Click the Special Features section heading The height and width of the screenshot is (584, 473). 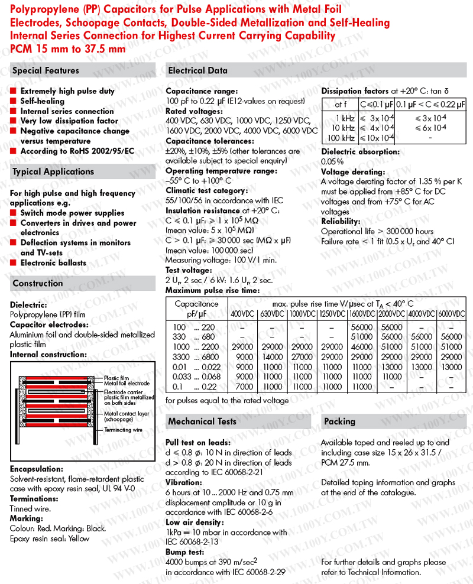coord(46,71)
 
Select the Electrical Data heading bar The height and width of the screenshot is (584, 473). coord(198,71)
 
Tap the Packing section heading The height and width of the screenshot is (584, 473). coord(340,421)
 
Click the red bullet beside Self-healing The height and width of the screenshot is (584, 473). coord(14,101)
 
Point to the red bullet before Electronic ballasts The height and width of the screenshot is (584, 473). coord(14,262)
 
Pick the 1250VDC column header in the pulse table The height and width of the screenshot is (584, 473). coord(332,313)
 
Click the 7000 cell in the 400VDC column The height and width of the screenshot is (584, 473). coord(244,387)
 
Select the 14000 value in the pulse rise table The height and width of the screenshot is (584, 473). coord(272,357)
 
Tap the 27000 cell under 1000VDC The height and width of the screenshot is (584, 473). coord(302,357)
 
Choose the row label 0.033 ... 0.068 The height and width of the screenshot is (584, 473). coord(196,377)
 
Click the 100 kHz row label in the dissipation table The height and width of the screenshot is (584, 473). coord(341,138)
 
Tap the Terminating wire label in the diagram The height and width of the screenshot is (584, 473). coord(124,430)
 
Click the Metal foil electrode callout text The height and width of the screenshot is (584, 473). coord(127,384)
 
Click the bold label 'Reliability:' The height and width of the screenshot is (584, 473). coord(341,222)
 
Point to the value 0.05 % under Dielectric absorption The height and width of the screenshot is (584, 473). coord(332,161)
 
